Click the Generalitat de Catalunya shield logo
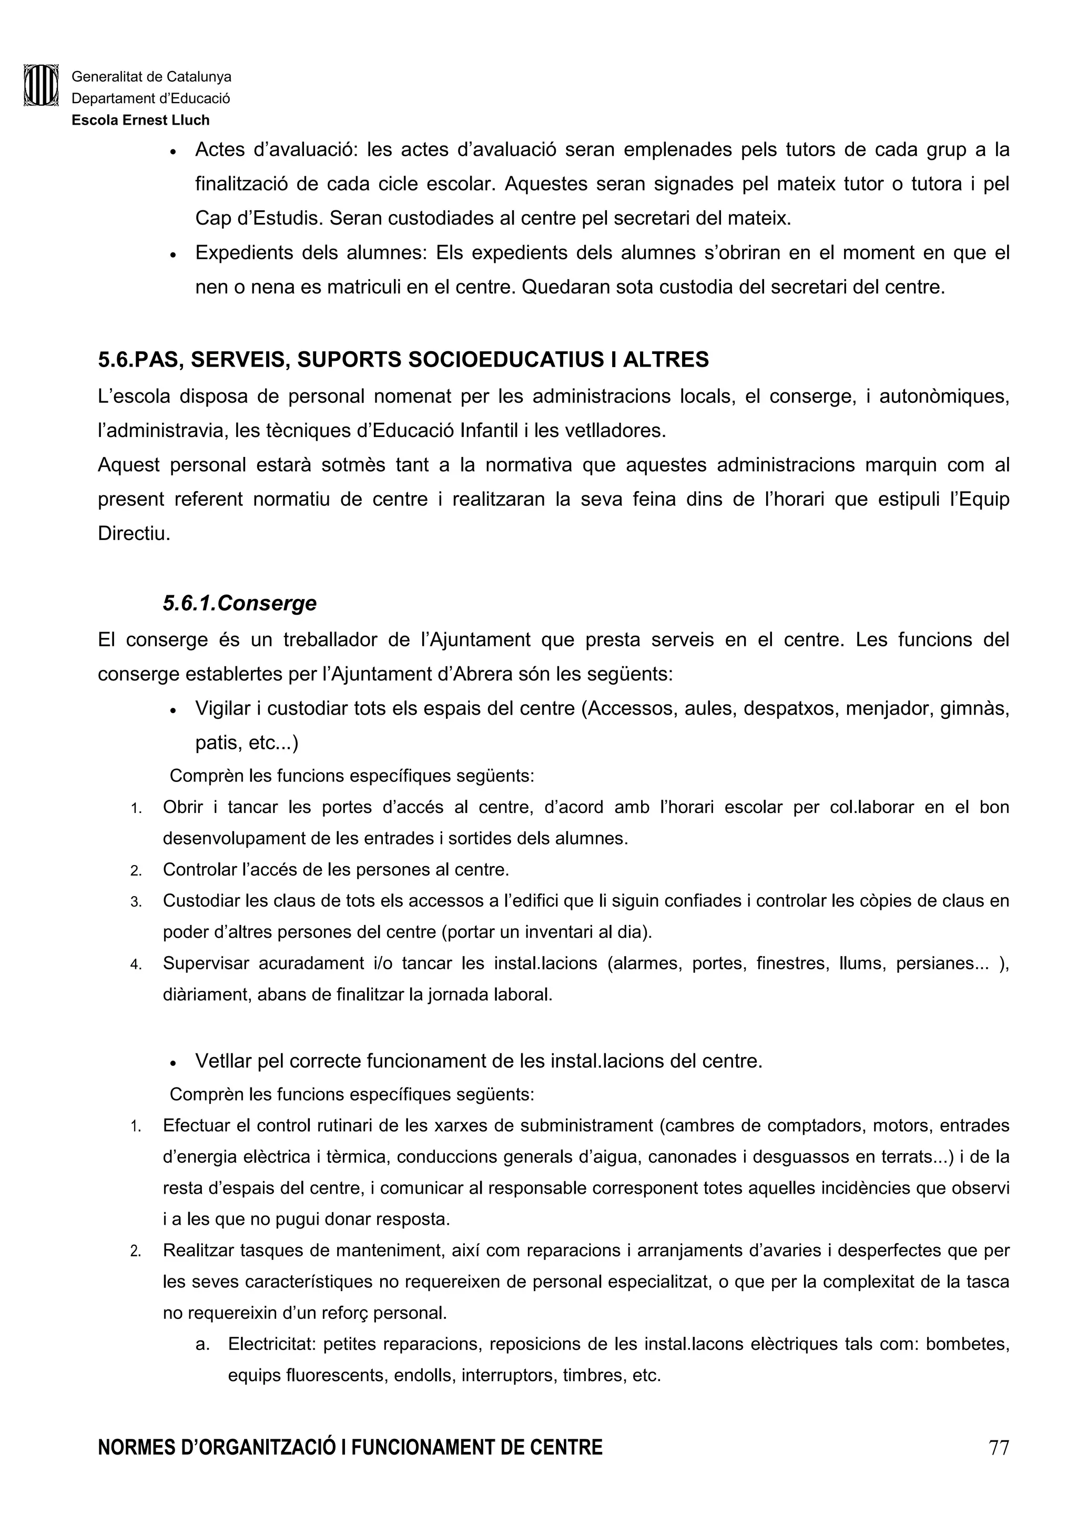point(41,85)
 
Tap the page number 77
point(998,1466)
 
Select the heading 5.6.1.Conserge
point(240,603)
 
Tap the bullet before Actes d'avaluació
point(172,152)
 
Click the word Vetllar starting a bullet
point(223,1061)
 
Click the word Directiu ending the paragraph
point(134,534)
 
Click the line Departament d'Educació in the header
point(150,99)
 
